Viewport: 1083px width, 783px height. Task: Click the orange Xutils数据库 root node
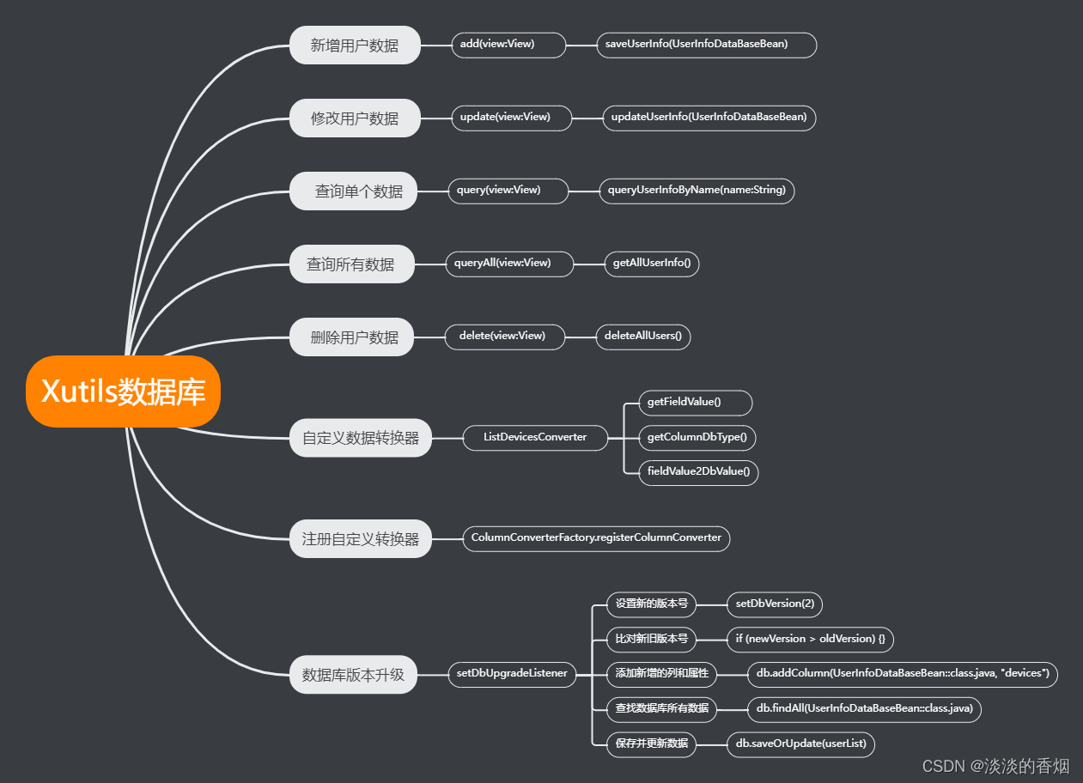click(x=123, y=391)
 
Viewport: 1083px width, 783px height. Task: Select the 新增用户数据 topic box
click(x=355, y=45)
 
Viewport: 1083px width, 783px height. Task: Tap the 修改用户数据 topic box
click(x=355, y=118)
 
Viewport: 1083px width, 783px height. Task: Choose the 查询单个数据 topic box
click(x=354, y=191)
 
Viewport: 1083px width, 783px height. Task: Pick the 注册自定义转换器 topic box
click(x=361, y=539)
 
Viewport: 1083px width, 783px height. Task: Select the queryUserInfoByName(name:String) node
click(x=697, y=190)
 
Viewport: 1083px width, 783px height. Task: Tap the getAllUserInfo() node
click(x=651, y=263)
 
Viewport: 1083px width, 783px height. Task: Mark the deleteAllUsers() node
click(x=642, y=336)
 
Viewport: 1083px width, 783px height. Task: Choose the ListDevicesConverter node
click(x=534, y=437)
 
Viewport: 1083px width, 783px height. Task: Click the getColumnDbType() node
click(x=697, y=437)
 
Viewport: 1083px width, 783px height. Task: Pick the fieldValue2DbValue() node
click(x=698, y=471)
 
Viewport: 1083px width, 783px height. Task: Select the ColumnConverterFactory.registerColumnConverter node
click(x=596, y=538)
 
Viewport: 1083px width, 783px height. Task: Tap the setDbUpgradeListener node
click(x=512, y=673)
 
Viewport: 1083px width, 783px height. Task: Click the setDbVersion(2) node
click(x=774, y=604)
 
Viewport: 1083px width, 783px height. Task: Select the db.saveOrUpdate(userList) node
click(x=800, y=744)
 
